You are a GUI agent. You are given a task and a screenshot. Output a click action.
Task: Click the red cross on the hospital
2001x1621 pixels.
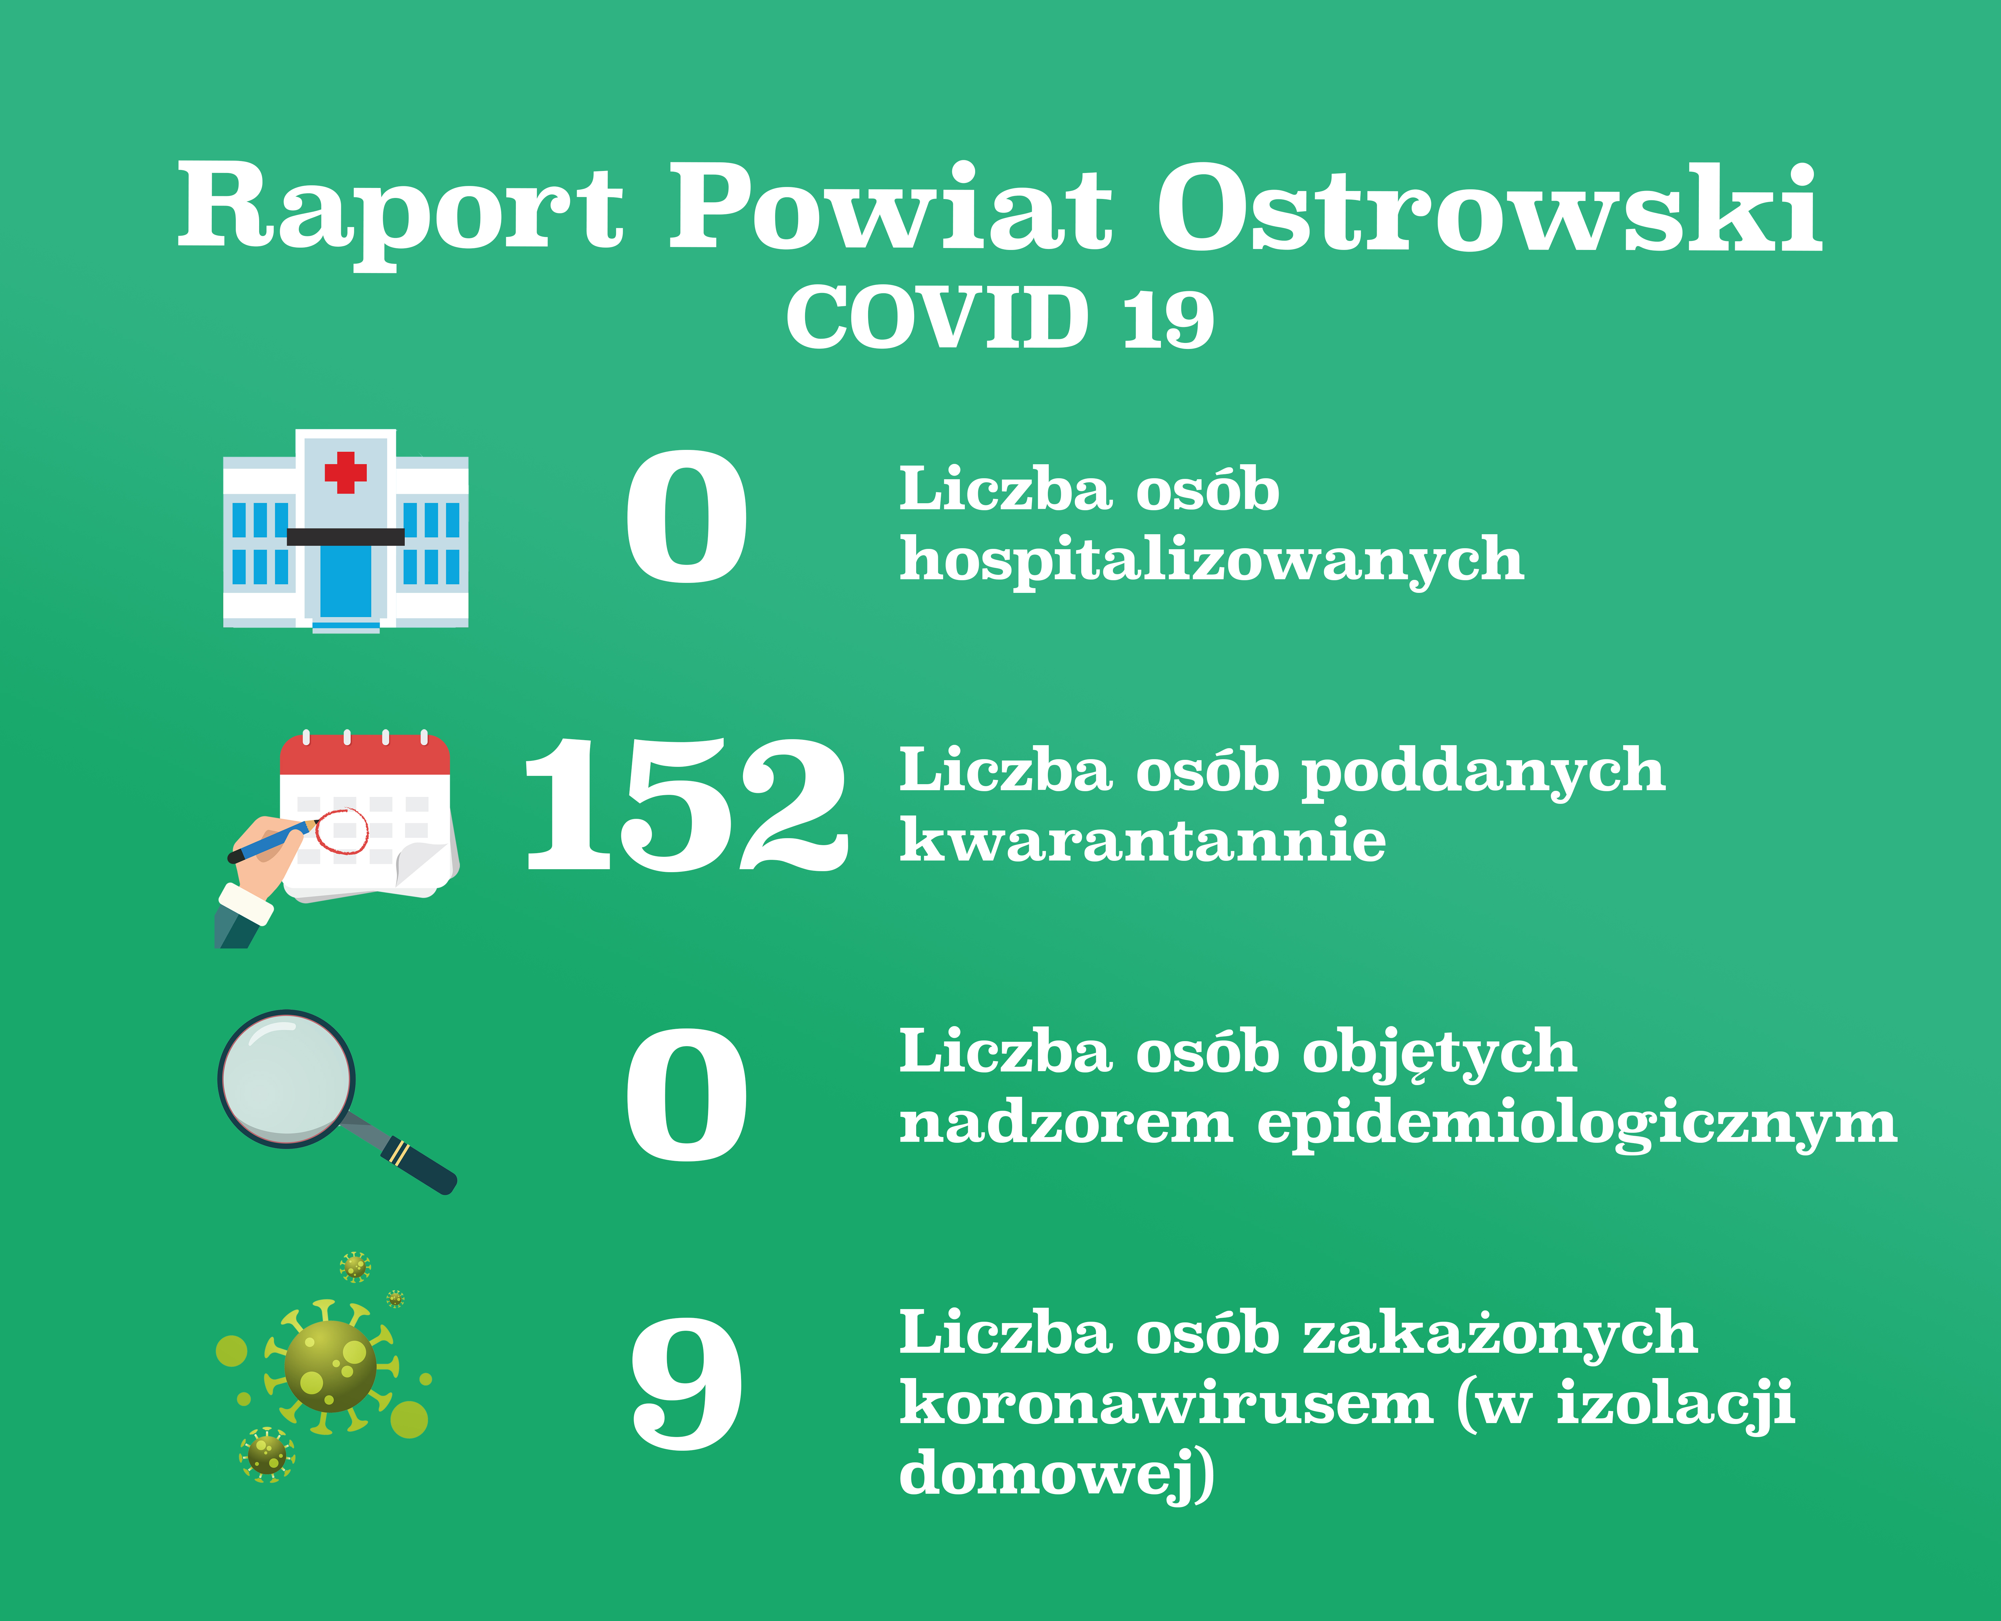(346, 473)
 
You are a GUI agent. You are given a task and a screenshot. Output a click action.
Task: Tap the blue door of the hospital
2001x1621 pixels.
(346, 581)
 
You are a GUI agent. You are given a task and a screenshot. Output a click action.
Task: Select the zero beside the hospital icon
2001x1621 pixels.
(687, 516)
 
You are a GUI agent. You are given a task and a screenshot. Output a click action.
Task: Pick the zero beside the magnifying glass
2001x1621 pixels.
(687, 1094)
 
